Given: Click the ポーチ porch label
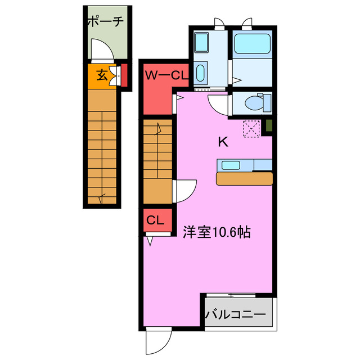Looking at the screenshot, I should point(105,22).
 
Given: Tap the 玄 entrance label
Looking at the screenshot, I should point(102,74).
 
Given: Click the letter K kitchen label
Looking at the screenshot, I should point(223,142).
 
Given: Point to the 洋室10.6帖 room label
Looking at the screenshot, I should point(215,231).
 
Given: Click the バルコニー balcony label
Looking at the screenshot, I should point(235,314).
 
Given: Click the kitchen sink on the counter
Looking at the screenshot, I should point(232,165).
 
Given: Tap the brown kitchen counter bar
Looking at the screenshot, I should point(244,178).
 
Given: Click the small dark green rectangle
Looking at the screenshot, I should point(269,126).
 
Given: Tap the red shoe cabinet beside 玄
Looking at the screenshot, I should point(124,75).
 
